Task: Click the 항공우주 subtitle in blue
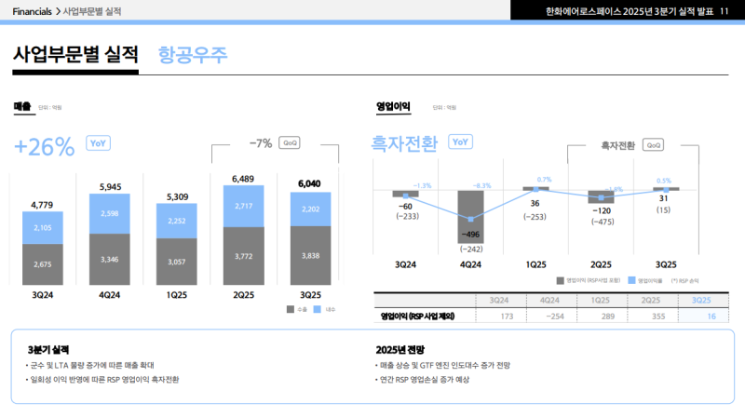[x=193, y=53]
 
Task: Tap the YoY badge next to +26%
[x=98, y=142]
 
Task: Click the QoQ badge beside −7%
[x=291, y=143]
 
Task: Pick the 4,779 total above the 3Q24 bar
[x=43, y=204]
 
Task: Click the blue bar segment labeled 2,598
[x=110, y=214]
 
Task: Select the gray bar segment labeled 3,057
[x=177, y=263]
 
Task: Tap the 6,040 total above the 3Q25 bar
[x=310, y=183]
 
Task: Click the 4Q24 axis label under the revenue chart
[x=110, y=295]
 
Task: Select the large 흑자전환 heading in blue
[x=403, y=143]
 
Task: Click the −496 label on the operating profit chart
[x=470, y=235]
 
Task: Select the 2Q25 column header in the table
[x=650, y=300]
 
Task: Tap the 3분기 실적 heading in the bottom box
[x=48, y=349]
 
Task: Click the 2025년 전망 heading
[x=400, y=349]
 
